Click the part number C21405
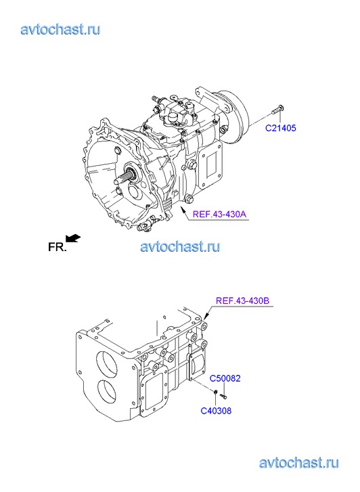(x=281, y=128)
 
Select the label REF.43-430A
(x=219, y=215)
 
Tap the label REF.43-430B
(x=243, y=300)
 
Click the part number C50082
(x=225, y=378)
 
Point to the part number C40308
(x=216, y=411)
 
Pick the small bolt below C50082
(x=223, y=397)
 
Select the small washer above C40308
(x=216, y=393)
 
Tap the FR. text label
(x=58, y=247)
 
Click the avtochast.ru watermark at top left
(x=60, y=30)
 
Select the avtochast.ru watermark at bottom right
(x=299, y=463)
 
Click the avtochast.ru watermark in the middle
(x=180, y=246)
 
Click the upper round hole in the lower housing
(x=108, y=364)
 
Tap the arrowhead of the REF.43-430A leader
(x=182, y=209)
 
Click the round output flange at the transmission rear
(x=234, y=118)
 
